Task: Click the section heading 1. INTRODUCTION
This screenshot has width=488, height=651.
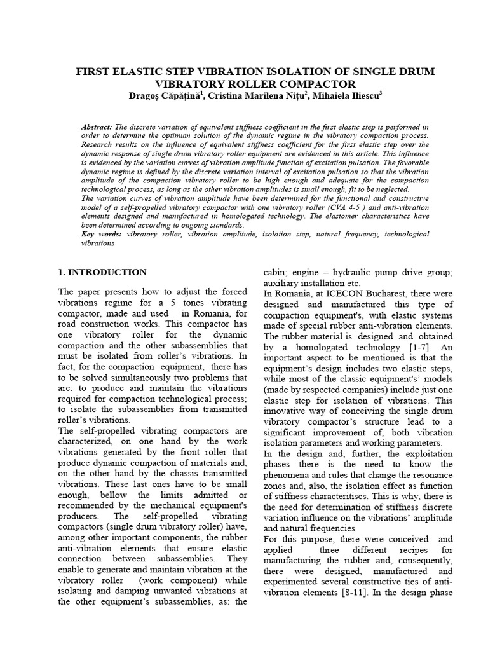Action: click(102, 272)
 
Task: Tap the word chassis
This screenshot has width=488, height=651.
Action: click(180, 474)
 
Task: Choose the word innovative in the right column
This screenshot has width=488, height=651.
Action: click(287, 411)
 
